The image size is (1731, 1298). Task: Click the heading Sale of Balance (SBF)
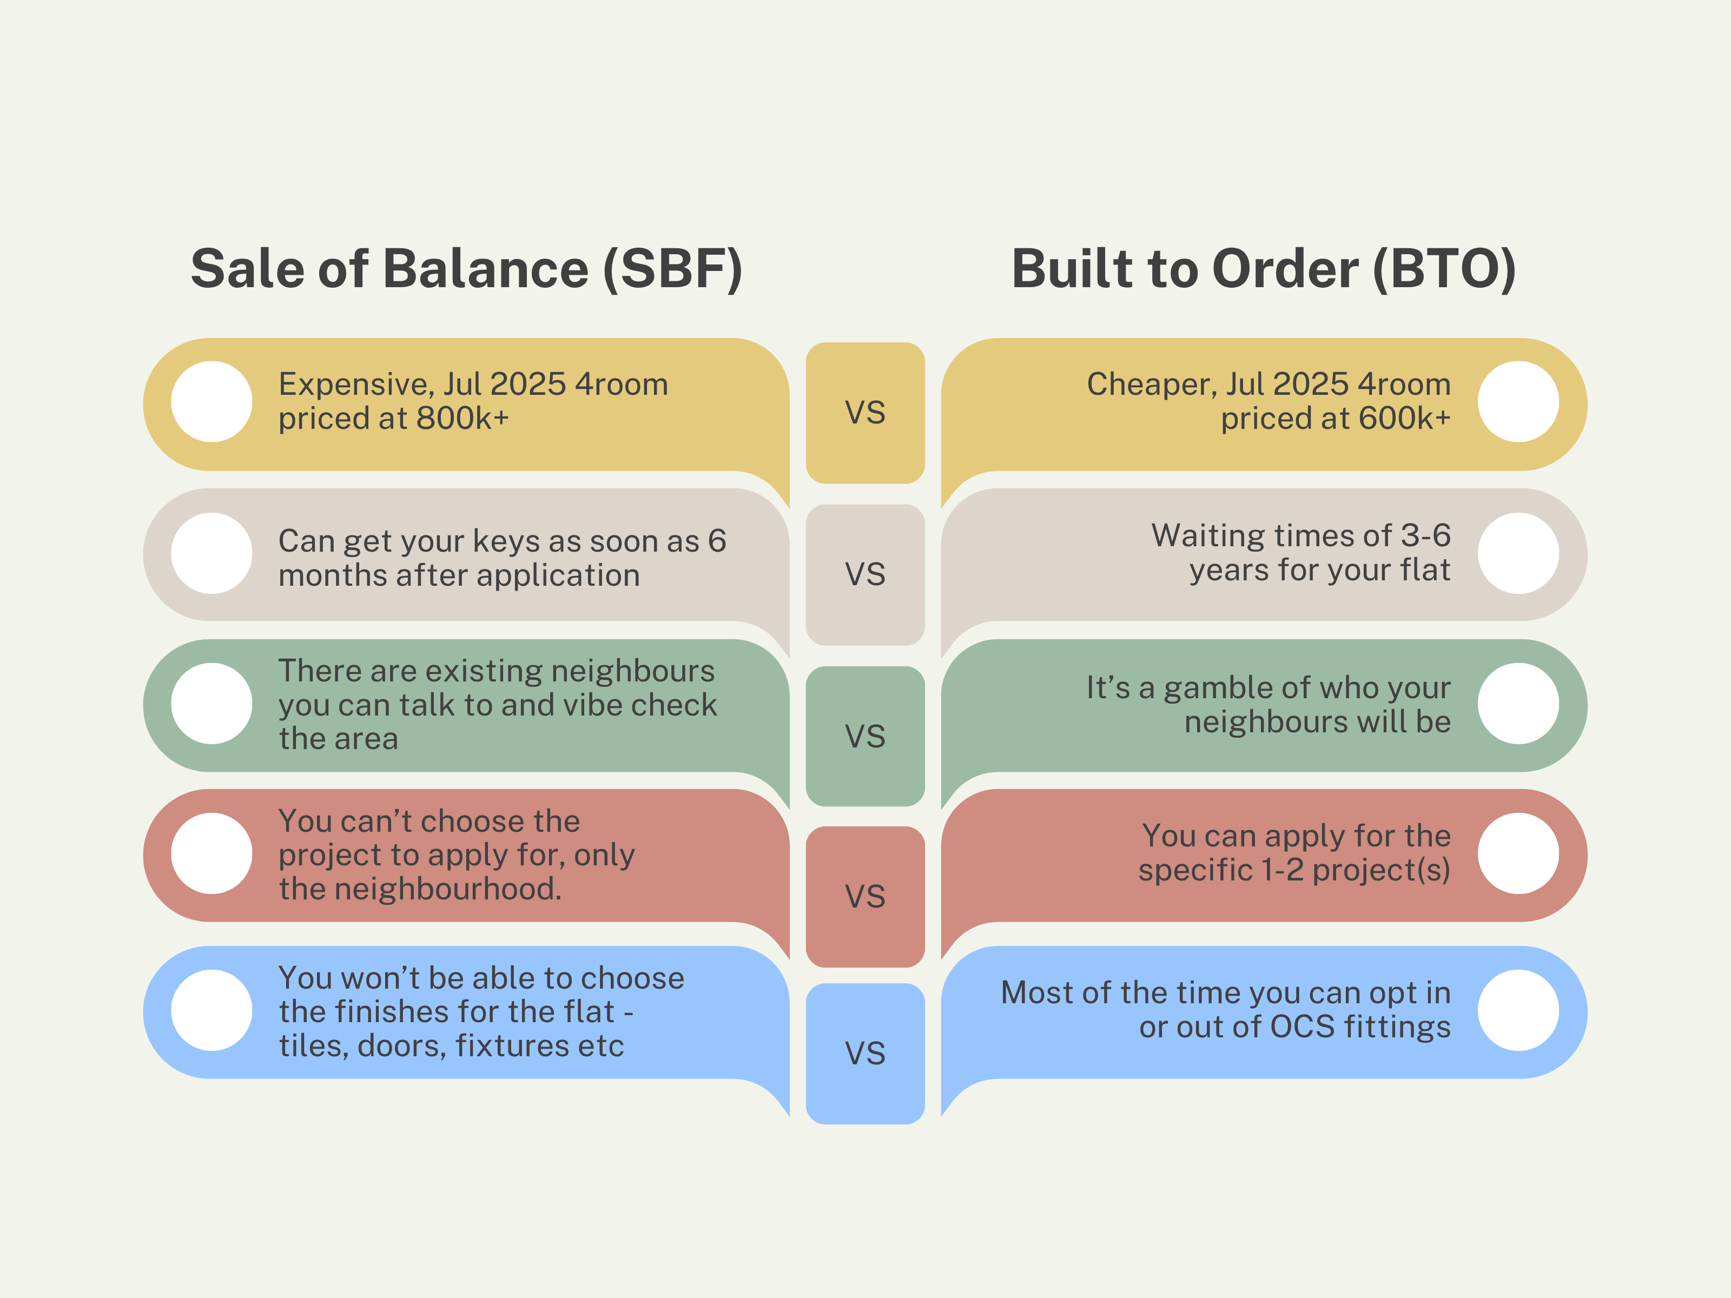pyautogui.click(x=466, y=268)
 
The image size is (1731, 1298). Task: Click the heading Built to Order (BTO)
pyautogui.click(x=1263, y=268)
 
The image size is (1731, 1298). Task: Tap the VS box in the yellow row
pyautogui.click(x=865, y=412)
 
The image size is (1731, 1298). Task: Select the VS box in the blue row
pyautogui.click(x=865, y=1053)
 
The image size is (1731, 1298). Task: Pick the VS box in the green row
pyautogui.click(x=865, y=736)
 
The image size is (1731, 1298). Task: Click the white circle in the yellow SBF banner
pyautogui.click(x=212, y=401)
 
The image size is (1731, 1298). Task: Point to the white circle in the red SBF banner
pyautogui.click(x=212, y=853)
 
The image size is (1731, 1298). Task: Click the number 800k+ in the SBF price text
pyautogui.click(x=463, y=419)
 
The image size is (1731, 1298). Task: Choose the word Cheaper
pyautogui.click(x=1151, y=384)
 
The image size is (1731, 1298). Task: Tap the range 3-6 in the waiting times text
pyautogui.click(x=1426, y=536)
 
